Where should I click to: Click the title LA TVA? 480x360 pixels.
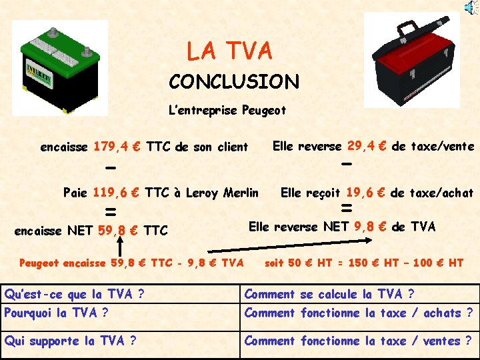pos(229,51)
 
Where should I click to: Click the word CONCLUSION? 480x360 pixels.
pos(234,82)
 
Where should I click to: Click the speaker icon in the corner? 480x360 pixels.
pos(471,7)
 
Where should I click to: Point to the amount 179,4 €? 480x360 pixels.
pos(117,147)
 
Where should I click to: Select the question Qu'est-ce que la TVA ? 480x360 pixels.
pos(75,294)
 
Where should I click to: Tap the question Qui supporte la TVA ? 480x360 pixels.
pos(71,341)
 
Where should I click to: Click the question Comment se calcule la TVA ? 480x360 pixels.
pos(329,294)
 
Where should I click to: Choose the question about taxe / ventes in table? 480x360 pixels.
pos(359,341)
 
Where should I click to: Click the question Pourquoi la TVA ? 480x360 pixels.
pos(57,313)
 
